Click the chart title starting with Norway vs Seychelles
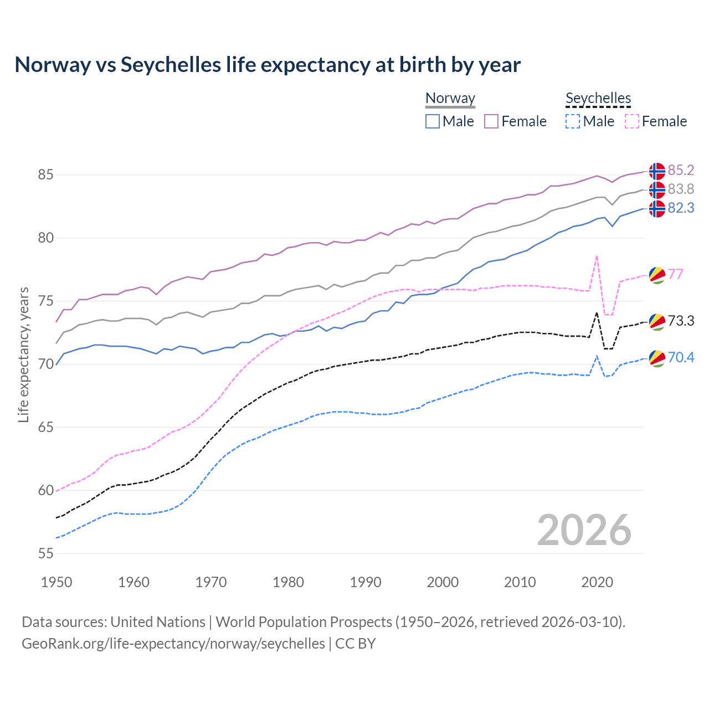click(x=268, y=65)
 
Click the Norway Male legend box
click(x=433, y=121)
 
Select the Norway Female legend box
click(x=491, y=121)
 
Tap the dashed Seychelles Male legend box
click(x=573, y=121)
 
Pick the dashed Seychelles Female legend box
click(x=632, y=121)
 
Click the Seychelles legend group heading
click(x=598, y=98)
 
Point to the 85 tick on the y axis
click(x=45, y=175)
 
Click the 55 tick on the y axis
click(x=45, y=553)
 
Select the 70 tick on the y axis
click(x=45, y=364)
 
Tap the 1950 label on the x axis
click(x=56, y=582)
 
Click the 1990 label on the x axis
click(x=366, y=582)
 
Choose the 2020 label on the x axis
click(x=597, y=582)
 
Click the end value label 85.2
click(x=681, y=170)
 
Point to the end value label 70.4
click(x=681, y=357)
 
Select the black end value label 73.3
click(x=681, y=321)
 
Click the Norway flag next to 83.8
click(x=657, y=189)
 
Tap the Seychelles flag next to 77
click(x=657, y=274)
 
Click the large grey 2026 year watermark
click(x=584, y=530)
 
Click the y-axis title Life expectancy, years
click(x=23, y=354)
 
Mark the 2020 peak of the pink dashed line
click(x=597, y=256)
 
